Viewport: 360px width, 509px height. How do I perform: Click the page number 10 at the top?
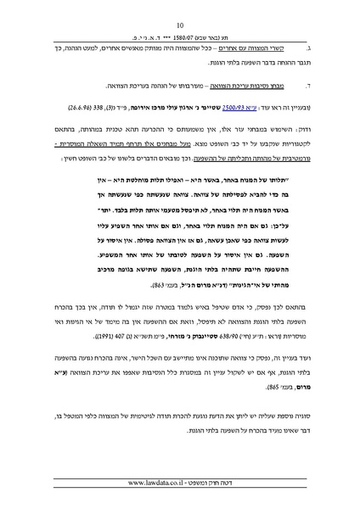point(181,26)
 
